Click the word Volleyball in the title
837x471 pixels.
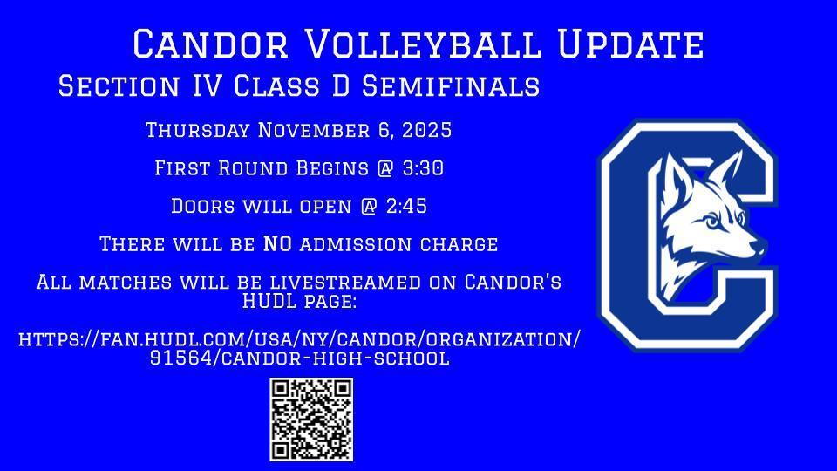[423, 44]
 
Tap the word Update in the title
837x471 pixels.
[631, 44]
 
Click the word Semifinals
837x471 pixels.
[451, 86]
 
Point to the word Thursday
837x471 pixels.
[198, 130]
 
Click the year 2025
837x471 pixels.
[426, 130]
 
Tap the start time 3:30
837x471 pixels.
[423, 168]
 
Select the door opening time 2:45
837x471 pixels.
[406, 206]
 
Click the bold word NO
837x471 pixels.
[277, 244]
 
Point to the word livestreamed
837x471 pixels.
[345, 282]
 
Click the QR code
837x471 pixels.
[311, 420]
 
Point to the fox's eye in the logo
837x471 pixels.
[712, 222]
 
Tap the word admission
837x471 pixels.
[356, 244]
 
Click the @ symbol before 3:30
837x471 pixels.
[384, 168]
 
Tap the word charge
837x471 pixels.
[459, 244]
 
